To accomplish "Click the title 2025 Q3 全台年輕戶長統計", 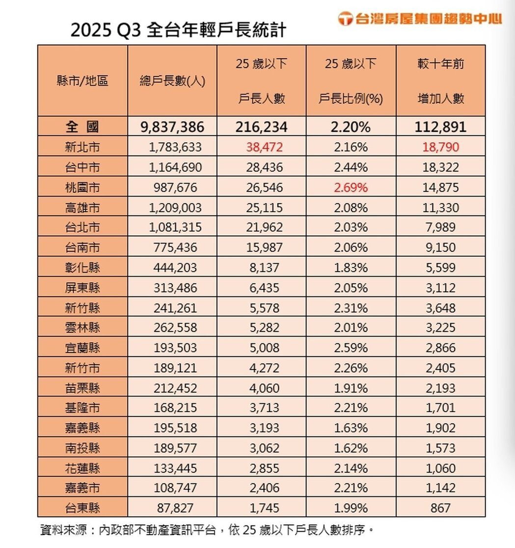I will (178, 30).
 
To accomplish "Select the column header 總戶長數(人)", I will (172, 81).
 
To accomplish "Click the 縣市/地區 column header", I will (82, 81).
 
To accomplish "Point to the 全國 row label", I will (82, 127).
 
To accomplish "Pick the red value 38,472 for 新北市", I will (261, 147).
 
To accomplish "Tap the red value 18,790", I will (440, 147).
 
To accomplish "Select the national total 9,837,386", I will (172, 127).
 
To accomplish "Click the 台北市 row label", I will (82, 227).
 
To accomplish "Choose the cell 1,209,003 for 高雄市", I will (175, 207).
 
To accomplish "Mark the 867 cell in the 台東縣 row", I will (440, 508).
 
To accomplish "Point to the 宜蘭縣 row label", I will (82, 348).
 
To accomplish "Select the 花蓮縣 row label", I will (82, 468).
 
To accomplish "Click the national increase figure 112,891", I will (440, 127).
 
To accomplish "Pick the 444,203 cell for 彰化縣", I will (175, 268).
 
